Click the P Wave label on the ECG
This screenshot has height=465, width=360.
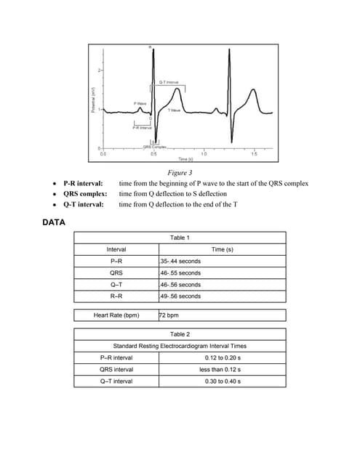pyautogui.click(x=140, y=103)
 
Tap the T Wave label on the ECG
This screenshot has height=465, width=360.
pyautogui.click(x=174, y=110)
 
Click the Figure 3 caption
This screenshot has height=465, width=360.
pyautogui.click(x=179, y=174)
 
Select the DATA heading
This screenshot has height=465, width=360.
pyautogui.click(x=55, y=222)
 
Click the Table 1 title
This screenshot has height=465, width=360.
pyautogui.click(x=180, y=238)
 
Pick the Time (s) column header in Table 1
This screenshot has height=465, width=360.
pyautogui.click(x=222, y=249)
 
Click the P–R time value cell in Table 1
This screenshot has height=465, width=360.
pyautogui.click(x=180, y=261)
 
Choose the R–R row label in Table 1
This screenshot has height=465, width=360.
pyautogui.click(x=116, y=296)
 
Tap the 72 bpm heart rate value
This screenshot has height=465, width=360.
pyautogui.click(x=169, y=315)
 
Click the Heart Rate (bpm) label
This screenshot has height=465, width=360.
pyautogui.click(x=116, y=315)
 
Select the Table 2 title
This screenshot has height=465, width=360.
pyautogui.click(x=180, y=333)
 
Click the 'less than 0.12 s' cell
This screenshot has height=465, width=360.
pyautogui.click(x=223, y=369)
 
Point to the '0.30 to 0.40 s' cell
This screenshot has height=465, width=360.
pyautogui.click(x=223, y=381)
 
